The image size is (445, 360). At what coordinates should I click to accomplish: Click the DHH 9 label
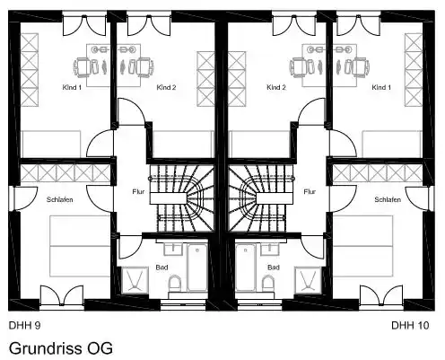24,325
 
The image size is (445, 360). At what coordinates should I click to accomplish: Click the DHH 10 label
410,325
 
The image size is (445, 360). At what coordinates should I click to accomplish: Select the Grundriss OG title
61,348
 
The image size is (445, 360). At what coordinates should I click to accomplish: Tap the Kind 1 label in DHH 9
72,87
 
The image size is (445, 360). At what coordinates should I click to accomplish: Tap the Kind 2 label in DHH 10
276,87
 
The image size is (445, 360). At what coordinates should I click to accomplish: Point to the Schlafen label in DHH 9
60,199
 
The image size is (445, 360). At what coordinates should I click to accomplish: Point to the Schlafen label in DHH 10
388,199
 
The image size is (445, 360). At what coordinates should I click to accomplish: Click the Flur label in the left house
138,191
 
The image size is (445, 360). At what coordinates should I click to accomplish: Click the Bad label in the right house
274,268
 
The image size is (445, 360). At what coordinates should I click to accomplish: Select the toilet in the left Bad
175,284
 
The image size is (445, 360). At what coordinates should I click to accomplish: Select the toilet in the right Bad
267,284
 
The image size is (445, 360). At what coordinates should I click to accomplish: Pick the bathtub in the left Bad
197,268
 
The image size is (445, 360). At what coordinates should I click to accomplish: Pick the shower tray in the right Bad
308,280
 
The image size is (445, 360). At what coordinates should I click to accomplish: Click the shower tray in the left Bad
135,280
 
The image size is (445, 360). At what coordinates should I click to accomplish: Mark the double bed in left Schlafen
80,246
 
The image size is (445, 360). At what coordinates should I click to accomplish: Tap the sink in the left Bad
173,249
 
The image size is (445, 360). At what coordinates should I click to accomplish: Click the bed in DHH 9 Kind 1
51,144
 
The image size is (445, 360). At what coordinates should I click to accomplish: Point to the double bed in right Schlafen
362,246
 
